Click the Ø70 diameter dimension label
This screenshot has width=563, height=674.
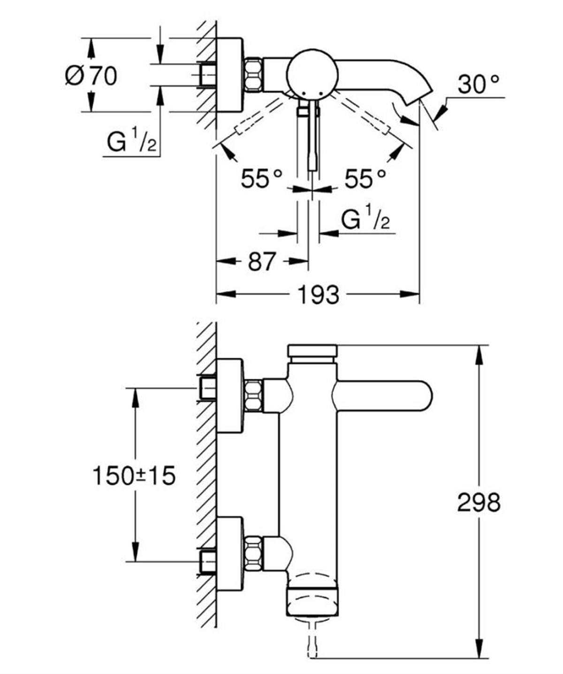click(x=91, y=76)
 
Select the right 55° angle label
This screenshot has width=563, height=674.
click(x=365, y=179)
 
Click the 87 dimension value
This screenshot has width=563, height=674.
click(x=261, y=262)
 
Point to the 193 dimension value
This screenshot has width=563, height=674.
click(x=318, y=295)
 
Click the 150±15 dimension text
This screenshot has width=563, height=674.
click(x=134, y=476)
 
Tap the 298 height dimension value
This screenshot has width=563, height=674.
click(x=479, y=503)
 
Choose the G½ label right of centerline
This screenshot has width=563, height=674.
click(x=365, y=219)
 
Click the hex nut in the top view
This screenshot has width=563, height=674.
click(x=253, y=75)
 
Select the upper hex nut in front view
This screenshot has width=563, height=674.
click(x=253, y=396)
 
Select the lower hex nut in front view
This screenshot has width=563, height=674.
click(x=253, y=553)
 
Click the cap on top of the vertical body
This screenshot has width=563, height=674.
click(x=312, y=352)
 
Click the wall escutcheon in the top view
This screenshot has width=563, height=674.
click(x=229, y=75)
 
